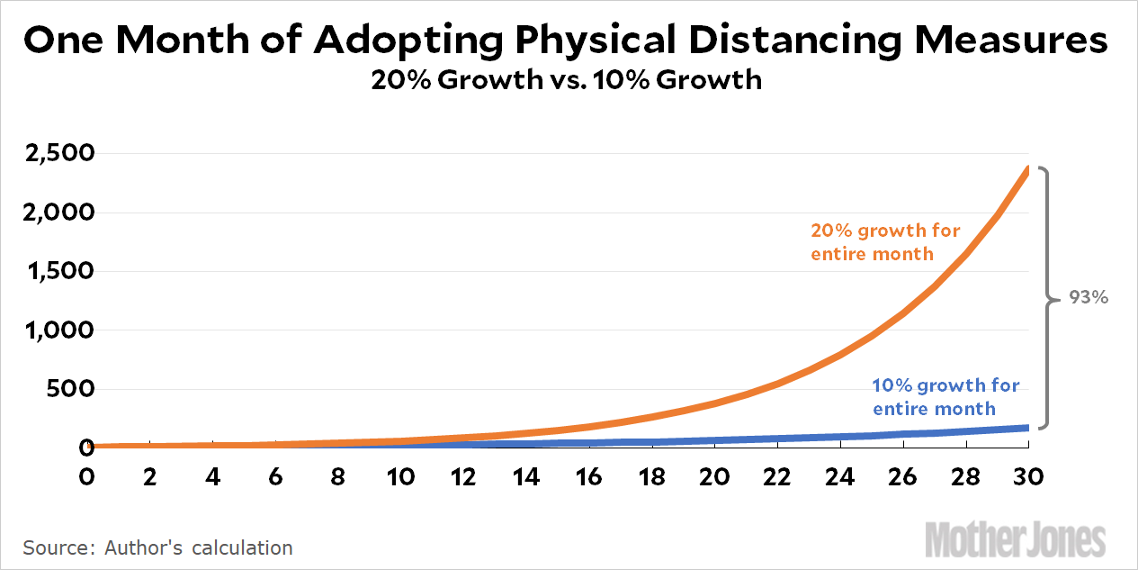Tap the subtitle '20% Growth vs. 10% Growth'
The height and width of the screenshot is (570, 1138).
[567, 80]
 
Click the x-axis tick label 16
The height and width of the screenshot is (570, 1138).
[589, 476]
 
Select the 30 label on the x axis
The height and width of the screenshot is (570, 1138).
[1027, 476]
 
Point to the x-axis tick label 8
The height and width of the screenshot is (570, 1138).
[338, 476]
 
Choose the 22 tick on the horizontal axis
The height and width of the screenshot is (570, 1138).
[777, 476]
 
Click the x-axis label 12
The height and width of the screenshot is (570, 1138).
[464, 476]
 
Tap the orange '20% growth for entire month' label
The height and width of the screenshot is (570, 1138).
[885, 242]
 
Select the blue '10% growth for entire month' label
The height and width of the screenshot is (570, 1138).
[945, 397]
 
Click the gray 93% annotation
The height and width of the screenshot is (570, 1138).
[1089, 296]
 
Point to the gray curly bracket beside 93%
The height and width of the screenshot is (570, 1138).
[1046, 296]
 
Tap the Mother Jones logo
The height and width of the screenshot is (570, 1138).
[1015, 540]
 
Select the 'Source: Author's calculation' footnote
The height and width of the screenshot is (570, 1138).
[157, 547]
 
